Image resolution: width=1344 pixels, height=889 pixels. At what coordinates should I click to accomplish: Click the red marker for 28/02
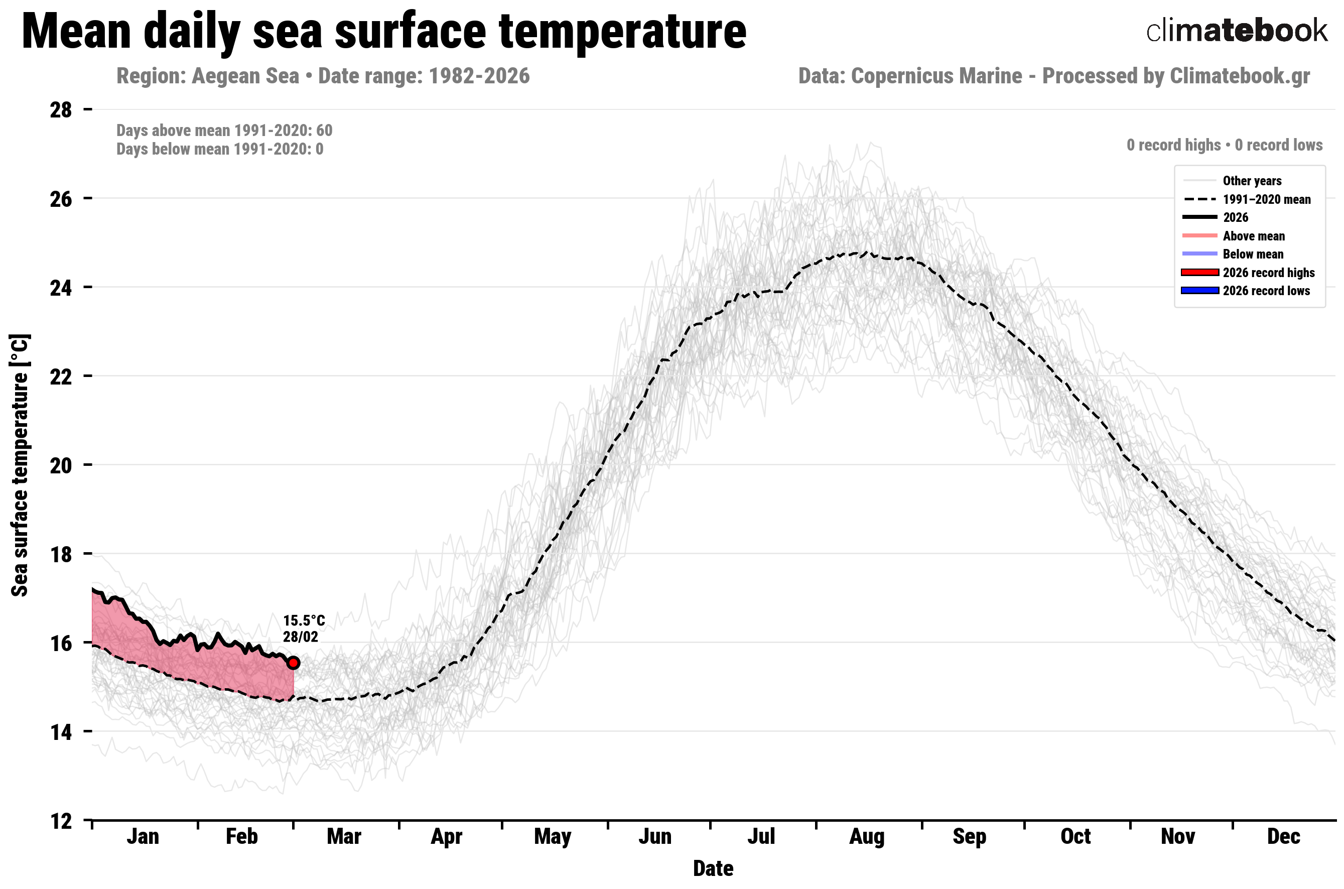point(293,663)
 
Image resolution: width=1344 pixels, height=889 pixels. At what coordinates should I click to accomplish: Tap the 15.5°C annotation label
point(304,621)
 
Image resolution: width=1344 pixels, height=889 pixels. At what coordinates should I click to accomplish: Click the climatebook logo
point(1236,31)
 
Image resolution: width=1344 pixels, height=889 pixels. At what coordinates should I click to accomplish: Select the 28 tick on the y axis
point(61,109)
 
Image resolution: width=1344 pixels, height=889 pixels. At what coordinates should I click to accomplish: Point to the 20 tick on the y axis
point(61,465)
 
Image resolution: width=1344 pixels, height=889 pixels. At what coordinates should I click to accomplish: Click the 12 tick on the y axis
point(61,821)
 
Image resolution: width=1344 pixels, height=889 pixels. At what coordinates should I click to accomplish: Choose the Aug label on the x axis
point(866,836)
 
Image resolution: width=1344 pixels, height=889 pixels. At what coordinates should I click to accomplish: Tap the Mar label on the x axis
point(343,836)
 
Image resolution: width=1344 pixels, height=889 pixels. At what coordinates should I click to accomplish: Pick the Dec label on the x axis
point(1283,836)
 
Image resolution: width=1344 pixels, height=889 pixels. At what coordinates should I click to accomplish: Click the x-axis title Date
point(713,868)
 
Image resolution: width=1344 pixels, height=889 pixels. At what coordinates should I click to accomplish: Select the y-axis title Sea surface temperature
point(20,465)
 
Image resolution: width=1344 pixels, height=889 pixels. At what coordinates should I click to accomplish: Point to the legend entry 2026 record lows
point(1266,291)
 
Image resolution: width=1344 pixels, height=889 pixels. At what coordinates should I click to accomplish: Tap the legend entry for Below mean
point(1253,254)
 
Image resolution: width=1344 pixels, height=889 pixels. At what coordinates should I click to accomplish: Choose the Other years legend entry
point(1252,181)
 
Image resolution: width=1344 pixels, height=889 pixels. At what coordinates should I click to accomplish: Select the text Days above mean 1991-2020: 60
point(224,131)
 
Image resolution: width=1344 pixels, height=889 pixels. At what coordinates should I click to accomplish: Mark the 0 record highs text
point(1173,145)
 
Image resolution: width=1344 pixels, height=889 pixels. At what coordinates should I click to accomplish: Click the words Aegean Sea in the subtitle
point(245,76)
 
